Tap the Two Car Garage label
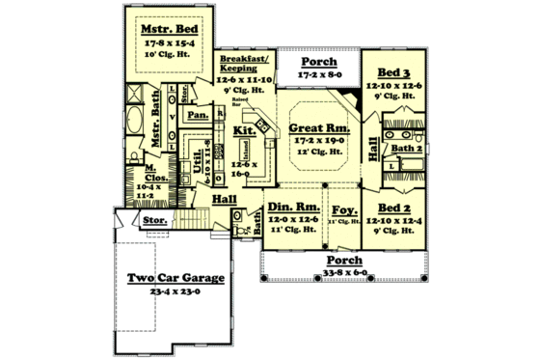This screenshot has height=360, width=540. point(176,278)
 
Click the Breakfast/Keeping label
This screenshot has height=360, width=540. point(241,63)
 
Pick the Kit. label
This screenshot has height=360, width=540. point(244,129)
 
